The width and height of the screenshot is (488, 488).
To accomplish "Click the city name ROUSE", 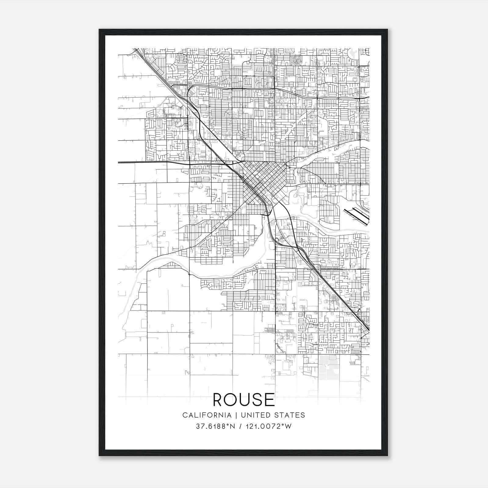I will click(x=244, y=400).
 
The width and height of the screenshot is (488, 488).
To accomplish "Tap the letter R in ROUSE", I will click(x=219, y=400).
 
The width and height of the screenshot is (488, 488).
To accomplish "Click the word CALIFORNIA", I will click(x=206, y=415).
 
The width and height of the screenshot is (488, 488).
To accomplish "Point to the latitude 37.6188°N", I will click(x=216, y=426).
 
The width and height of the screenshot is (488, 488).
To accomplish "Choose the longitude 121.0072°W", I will click(x=270, y=426).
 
